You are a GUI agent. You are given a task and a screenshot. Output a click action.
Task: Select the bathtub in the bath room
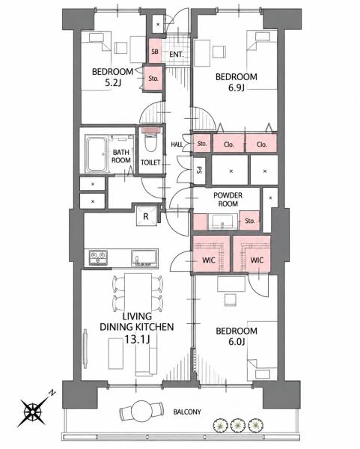point(97,154)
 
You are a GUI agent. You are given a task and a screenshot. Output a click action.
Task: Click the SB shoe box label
point(155,52)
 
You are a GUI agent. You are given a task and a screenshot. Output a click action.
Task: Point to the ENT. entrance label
point(176,54)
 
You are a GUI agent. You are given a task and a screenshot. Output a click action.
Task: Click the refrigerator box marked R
point(146,216)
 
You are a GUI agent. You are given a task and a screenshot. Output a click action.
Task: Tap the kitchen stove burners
point(98,257)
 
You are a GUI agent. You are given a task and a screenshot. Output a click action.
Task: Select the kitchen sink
point(144,257)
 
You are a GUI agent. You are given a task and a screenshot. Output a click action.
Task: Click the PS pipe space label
point(199,170)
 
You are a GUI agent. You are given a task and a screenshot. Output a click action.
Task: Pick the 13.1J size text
point(137,340)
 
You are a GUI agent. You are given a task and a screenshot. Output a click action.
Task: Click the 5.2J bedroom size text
point(113,83)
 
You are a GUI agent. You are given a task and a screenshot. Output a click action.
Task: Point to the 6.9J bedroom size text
point(237,88)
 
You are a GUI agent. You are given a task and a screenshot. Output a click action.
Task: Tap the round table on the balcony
point(141,410)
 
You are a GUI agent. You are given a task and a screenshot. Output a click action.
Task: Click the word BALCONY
point(187,412)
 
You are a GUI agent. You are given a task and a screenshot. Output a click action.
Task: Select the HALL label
point(177,144)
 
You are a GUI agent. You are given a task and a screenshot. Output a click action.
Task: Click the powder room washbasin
point(223,222)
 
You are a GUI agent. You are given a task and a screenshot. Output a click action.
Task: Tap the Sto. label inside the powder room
point(250,221)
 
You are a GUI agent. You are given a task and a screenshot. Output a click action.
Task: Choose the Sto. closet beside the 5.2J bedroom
point(153,79)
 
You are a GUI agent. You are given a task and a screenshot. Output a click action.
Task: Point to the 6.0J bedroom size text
point(236,342)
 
